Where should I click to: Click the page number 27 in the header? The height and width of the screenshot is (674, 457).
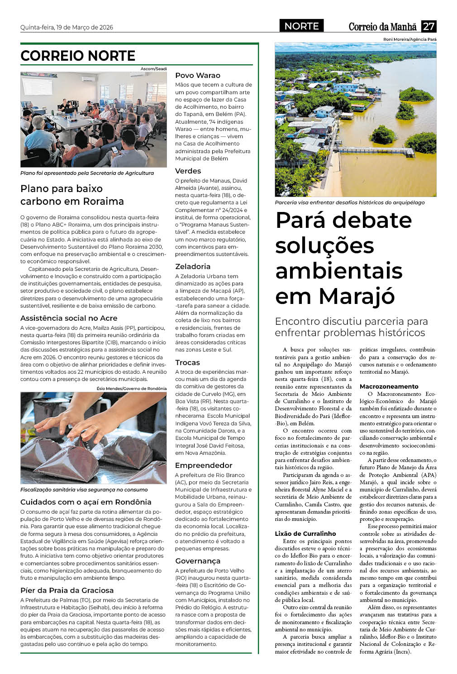[x=428, y=26]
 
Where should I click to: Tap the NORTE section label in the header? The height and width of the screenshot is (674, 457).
[x=301, y=26]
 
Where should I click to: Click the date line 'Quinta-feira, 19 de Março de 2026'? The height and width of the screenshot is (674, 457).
[x=67, y=27]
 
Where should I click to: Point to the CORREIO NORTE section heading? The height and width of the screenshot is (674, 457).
[x=78, y=56]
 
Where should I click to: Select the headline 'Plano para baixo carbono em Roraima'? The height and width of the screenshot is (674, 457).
[x=72, y=195]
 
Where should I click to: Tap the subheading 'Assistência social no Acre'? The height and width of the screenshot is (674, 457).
[x=69, y=318]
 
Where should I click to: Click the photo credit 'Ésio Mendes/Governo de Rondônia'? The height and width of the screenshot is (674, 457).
[x=131, y=389]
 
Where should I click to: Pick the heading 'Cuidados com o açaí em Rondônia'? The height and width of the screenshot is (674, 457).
[x=86, y=502]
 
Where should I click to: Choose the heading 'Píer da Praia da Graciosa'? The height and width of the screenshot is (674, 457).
[x=67, y=590]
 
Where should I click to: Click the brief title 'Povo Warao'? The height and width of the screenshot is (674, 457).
[x=198, y=75]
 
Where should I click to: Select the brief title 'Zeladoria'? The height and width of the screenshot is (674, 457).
[x=193, y=266]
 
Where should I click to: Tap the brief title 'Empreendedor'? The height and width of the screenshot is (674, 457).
[x=204, y=465]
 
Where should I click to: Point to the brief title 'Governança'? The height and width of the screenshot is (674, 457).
[x=198, y=561]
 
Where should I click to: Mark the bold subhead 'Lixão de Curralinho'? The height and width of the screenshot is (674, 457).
[x=305, y=534]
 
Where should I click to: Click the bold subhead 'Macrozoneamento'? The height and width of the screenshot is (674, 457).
[x=389, y=386]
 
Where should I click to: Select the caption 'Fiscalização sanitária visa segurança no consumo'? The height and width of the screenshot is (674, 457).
[x=84, y=490]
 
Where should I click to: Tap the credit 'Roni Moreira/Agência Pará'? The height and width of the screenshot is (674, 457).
[x=410, y=39]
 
